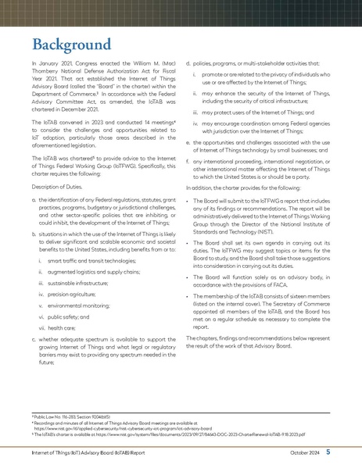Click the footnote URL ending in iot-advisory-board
point(117,429)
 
